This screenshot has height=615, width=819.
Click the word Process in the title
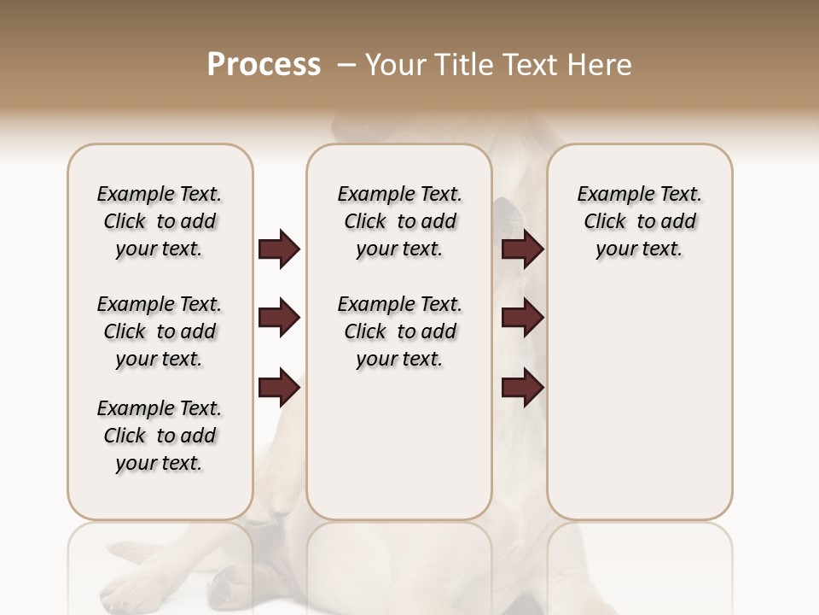click(264, 65)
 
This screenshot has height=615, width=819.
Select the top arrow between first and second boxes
click(279, 249)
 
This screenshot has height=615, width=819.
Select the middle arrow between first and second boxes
click(279, 319)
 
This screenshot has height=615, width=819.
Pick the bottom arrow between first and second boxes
click(279, 388)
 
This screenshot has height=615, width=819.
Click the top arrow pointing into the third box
click(522, 249)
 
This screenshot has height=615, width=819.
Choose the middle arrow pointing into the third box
click(522, 319)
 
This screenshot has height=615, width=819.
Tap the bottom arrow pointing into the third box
click(522, 388)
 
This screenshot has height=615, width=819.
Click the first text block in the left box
click(160, 221)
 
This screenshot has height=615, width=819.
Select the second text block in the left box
click(160, 331)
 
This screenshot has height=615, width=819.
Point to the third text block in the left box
click(160, 436)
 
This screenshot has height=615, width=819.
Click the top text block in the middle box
click(399, 221)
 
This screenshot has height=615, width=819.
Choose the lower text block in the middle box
click(399, 331)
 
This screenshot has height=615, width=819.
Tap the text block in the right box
click(639, 221)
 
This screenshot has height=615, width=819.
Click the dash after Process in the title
click(346, 65)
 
